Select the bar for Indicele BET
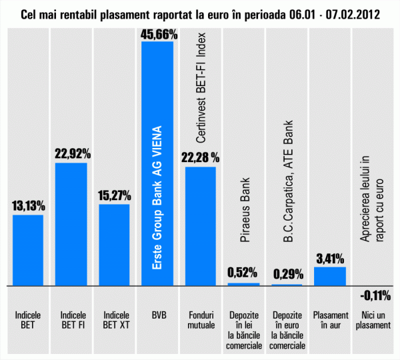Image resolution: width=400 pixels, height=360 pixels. pyautogui.click(x=29, y=250)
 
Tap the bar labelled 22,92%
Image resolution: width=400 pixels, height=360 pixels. pyautogui.click(x=71, y=224)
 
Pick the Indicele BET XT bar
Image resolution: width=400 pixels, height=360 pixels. pyautogui.click(x=115, y=245)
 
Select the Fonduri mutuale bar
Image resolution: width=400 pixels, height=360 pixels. pyautogui.click(x=201, y=226)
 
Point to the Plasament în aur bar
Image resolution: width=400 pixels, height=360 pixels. pyautogui.click(x=330, y=276)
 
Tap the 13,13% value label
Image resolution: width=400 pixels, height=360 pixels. pyautogui.click(x=29, y=207)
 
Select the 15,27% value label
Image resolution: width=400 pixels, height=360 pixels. pyautogui.click(x=115, y=197)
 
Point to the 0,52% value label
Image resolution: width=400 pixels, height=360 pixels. pyautogui.click(x=244, y=272)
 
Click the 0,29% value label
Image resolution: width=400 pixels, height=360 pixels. pyautogui.click(x=287, y=273)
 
